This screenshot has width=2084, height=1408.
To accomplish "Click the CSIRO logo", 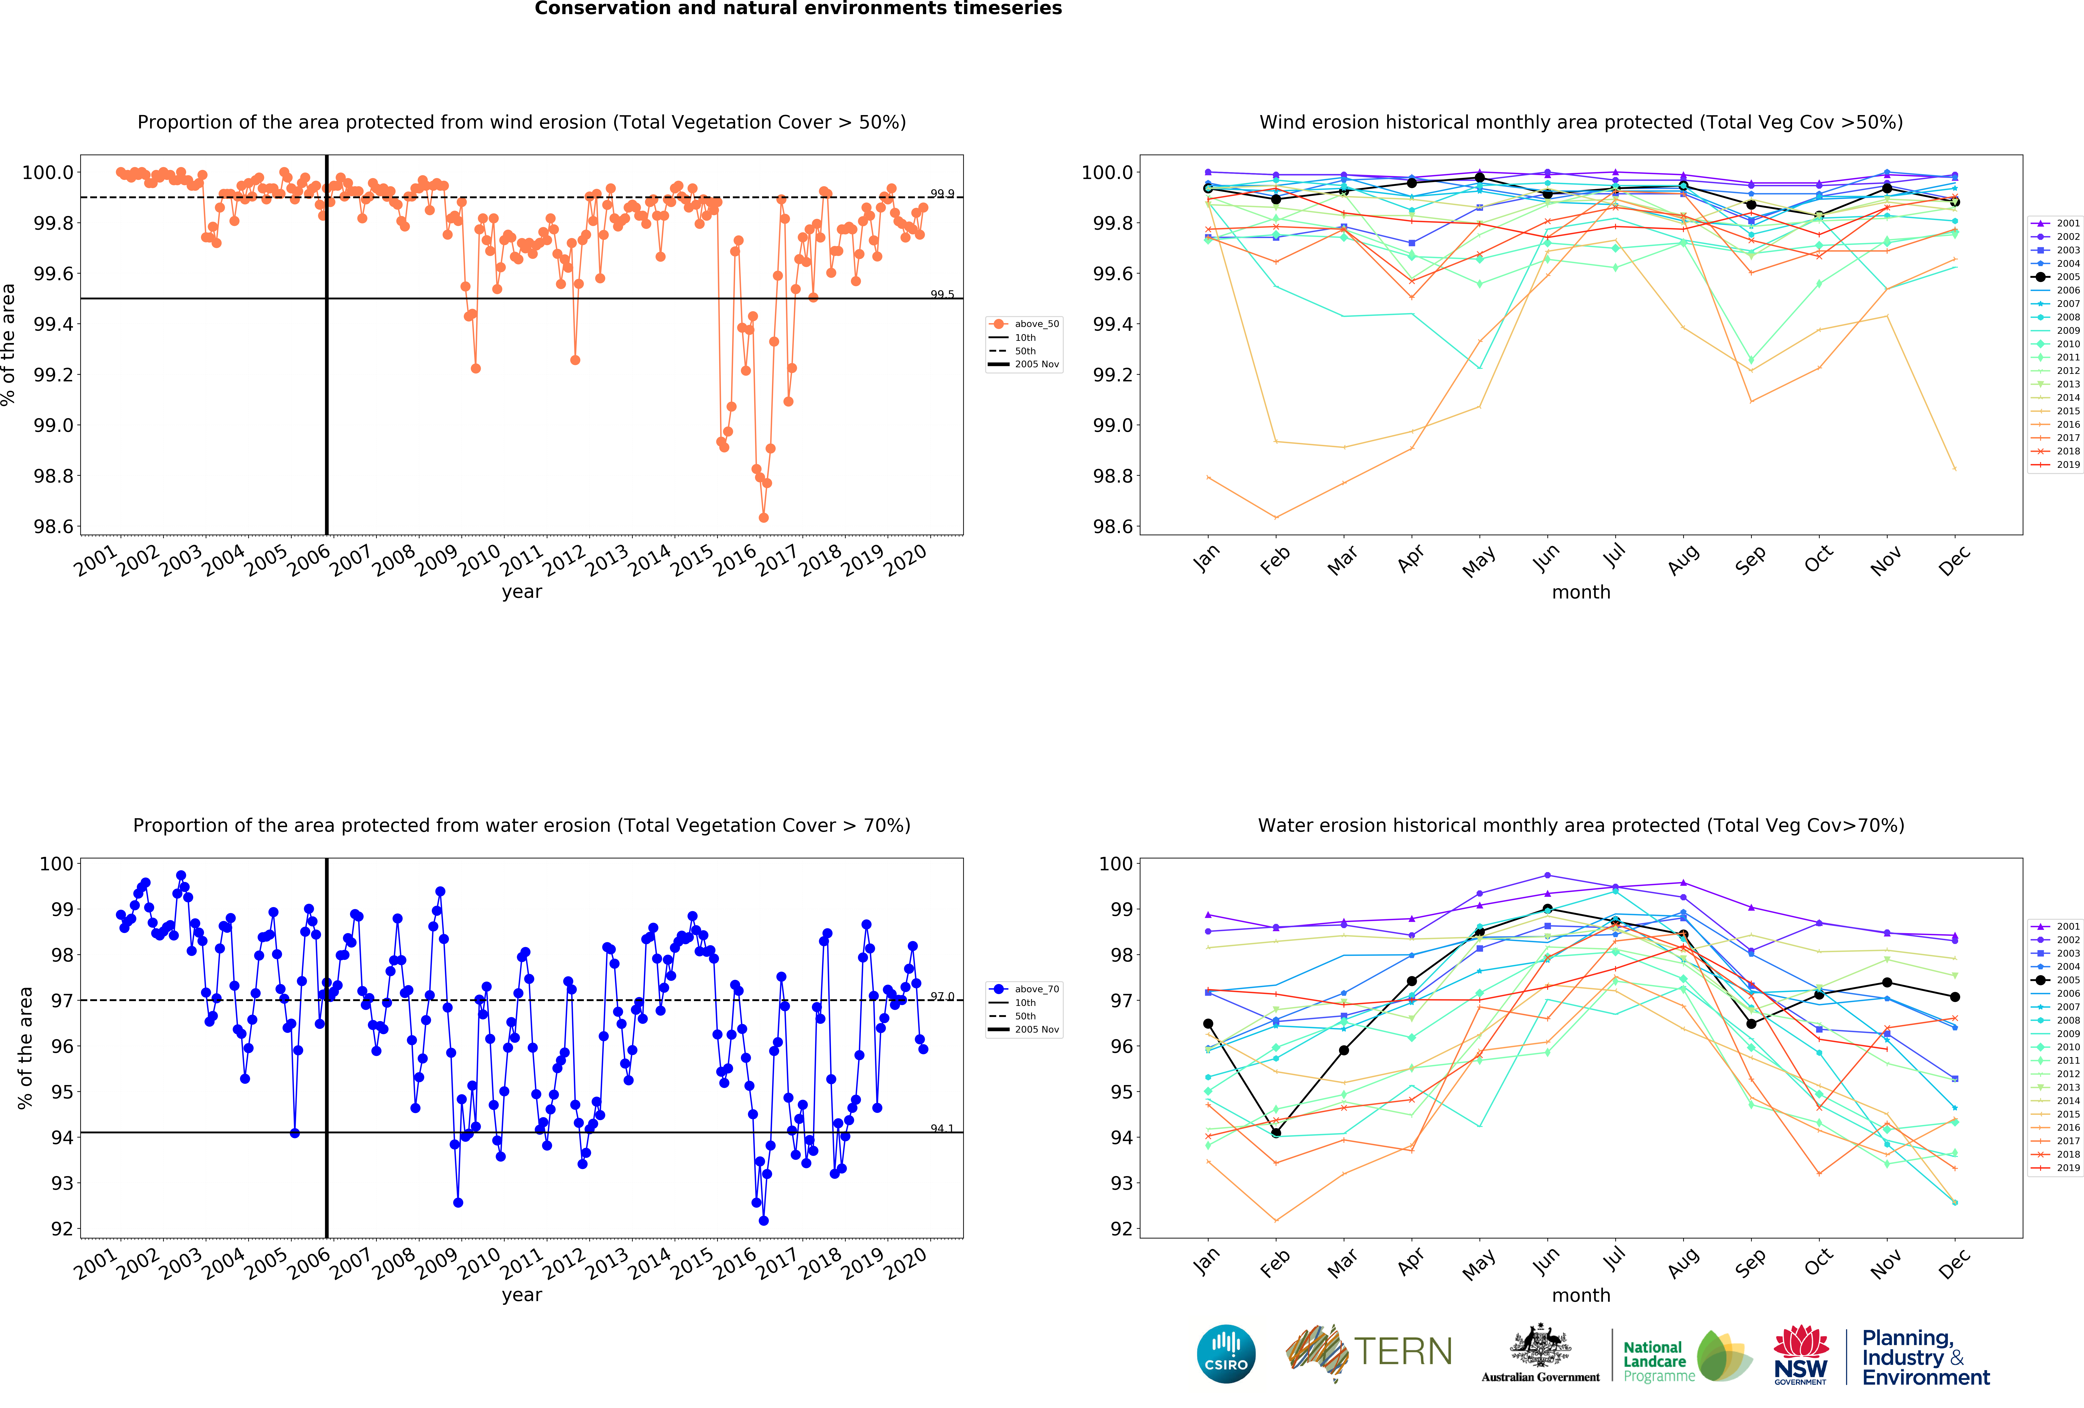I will click(1226, 1353).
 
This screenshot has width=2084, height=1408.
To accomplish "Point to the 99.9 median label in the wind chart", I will click(942, 194).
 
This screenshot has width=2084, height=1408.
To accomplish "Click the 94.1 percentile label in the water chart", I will click(942, 1128).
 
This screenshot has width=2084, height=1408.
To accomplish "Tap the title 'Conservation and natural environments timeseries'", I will click(798, 9).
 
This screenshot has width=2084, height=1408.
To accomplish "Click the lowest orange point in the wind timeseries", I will click(763, 517).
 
